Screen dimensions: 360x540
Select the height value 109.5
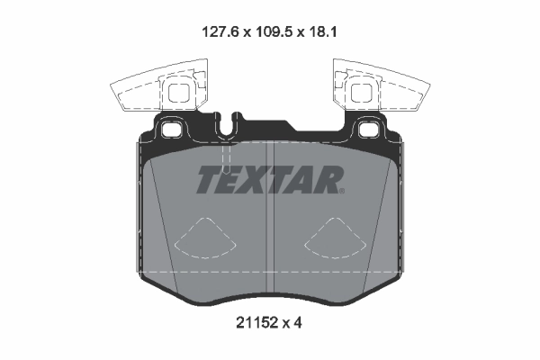270,30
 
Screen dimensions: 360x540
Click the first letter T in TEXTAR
207,180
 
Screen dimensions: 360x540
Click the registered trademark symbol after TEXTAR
342,190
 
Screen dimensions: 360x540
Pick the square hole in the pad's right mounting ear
368,130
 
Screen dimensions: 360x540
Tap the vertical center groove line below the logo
271,243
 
